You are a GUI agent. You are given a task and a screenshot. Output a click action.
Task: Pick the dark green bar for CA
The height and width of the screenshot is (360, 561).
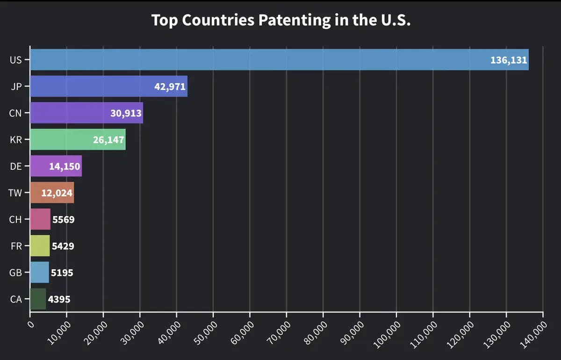[38, 299]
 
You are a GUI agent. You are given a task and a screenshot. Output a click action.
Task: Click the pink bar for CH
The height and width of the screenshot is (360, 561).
[40, 219]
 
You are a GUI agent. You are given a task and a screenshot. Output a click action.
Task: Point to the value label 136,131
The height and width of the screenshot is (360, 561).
[508, 60]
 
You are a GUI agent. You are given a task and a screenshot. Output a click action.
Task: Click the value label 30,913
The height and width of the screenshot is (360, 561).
[126, 113]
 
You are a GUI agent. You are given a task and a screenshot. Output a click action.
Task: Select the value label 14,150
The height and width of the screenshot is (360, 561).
[65, 166]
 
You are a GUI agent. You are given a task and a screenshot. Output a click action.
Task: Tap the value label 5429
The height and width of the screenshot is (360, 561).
[63, 246]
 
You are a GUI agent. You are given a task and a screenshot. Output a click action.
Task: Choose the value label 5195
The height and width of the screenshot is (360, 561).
[62, 273]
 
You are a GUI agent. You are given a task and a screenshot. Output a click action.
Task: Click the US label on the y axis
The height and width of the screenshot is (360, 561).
[15, 60]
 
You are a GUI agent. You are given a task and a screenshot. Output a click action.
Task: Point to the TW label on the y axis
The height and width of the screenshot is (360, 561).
[15, 193]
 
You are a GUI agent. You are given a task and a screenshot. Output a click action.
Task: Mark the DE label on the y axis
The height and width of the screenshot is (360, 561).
[16, 166]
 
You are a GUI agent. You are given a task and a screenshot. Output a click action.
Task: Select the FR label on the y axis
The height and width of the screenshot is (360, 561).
[16, 246]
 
